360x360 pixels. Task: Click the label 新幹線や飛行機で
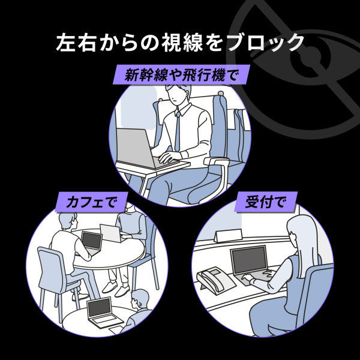click(181, 75)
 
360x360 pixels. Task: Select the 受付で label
click(266, 202)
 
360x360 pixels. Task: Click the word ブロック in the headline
click(265, 43)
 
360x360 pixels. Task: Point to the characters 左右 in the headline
click(76, 43)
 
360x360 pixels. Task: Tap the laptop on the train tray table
click(142, 148)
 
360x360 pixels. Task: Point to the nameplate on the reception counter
click(229, 236)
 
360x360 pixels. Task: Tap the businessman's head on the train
click(178, 95)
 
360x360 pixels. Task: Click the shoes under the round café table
click(116, 289)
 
